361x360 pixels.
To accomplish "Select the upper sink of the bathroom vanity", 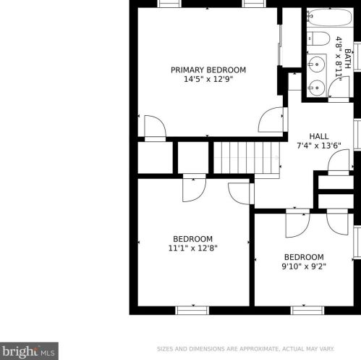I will pos(315,62).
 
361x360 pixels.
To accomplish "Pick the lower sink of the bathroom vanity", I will pos(315,87).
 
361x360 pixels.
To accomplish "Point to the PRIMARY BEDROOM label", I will pos(208,70).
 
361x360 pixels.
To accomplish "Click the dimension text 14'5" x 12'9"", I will pos(208,80).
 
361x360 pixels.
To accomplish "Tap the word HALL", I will pos(318,136).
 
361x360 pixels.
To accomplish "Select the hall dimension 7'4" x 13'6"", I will pos(318,146).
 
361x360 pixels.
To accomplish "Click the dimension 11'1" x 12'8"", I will pos(192,248).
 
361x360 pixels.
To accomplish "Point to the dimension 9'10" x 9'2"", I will pos(303,267).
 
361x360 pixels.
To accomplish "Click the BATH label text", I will pos(347,58).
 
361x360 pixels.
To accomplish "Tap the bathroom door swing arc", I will pos(339,88).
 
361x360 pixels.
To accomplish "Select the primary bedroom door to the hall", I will pos(272,120).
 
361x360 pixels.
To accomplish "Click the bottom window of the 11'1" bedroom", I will pos(192,310).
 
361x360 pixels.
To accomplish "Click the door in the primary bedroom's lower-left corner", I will pos(154,127).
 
